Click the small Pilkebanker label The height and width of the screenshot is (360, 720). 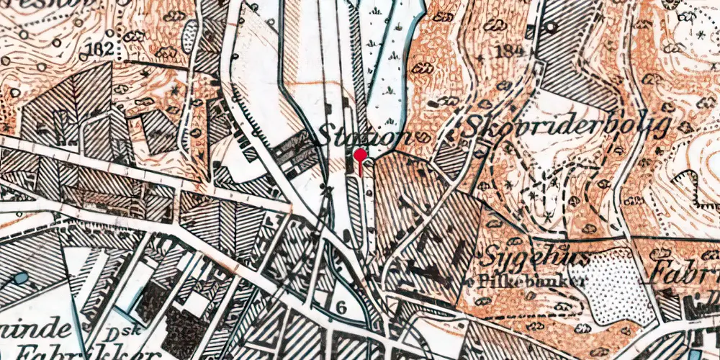pos(528,280)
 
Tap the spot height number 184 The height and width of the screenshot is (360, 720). pos(508,50)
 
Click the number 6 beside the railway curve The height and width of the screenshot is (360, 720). pos(341,307)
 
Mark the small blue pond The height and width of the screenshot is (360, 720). pos(19,278)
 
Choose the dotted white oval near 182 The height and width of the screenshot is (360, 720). pos(189,33)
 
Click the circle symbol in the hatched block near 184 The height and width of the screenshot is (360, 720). pos(550,27)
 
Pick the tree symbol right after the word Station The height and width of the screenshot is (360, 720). pos(424,137)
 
